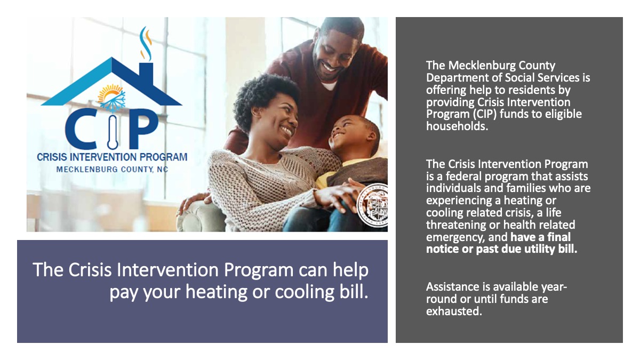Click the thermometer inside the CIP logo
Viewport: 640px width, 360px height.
coord(113,132)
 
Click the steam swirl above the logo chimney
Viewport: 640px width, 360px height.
coord(146,43)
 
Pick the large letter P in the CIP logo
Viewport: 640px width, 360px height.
coord(143,129)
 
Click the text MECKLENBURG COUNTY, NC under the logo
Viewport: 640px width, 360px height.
coord(112,170)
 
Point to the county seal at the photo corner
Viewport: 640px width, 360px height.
coord(373,205)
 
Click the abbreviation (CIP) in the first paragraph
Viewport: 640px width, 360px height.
coord(484,114)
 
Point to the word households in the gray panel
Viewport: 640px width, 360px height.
coord(457,126)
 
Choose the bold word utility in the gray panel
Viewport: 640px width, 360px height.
coord(541,249)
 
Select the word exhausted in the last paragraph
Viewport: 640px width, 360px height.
coord(454,311)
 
